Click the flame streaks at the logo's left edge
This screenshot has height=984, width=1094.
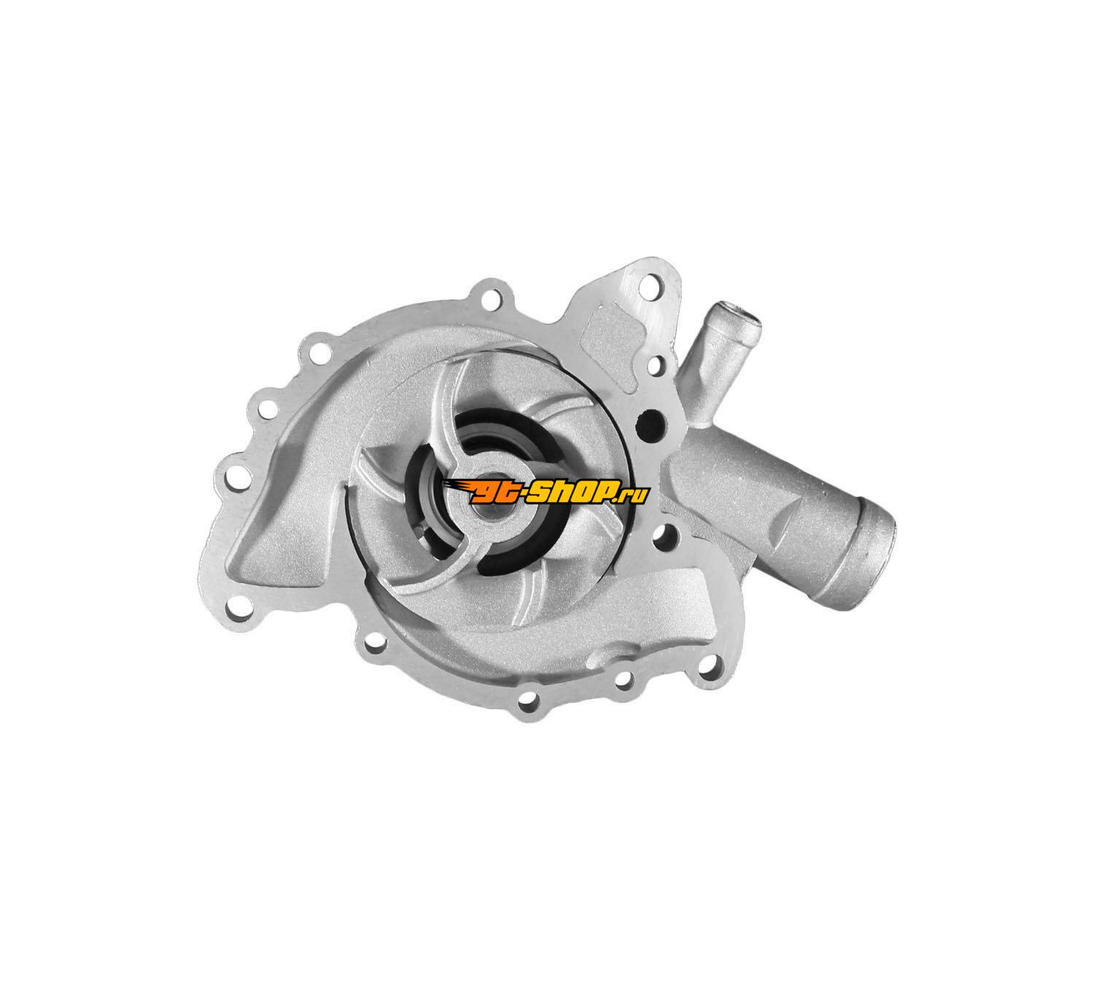455,488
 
